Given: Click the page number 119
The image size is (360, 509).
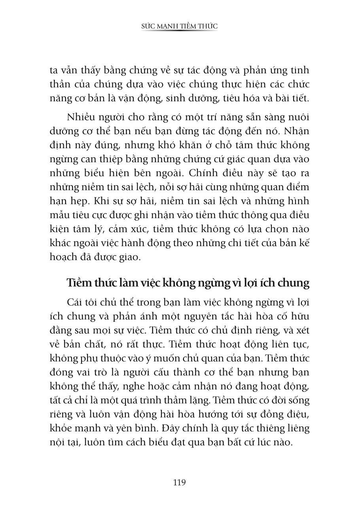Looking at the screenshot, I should (x=180, y=482).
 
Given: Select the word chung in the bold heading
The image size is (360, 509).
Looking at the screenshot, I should (x=293, y=283).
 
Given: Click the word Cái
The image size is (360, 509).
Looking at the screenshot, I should (x=75, y=303).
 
